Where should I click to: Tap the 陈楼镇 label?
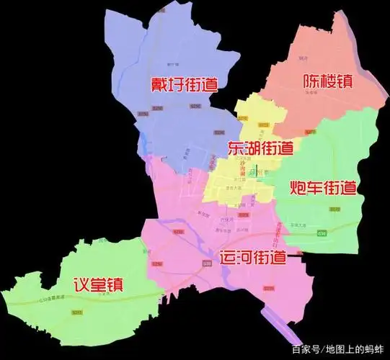(x=322, y=83)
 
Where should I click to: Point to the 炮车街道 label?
(x=322, y=189)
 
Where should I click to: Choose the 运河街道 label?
(x=251, y=257)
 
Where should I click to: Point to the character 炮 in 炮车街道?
(x=297, y=189)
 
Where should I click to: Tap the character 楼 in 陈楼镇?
(x=322, y=83)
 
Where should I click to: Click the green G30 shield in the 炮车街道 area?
(x=342, y=233)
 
